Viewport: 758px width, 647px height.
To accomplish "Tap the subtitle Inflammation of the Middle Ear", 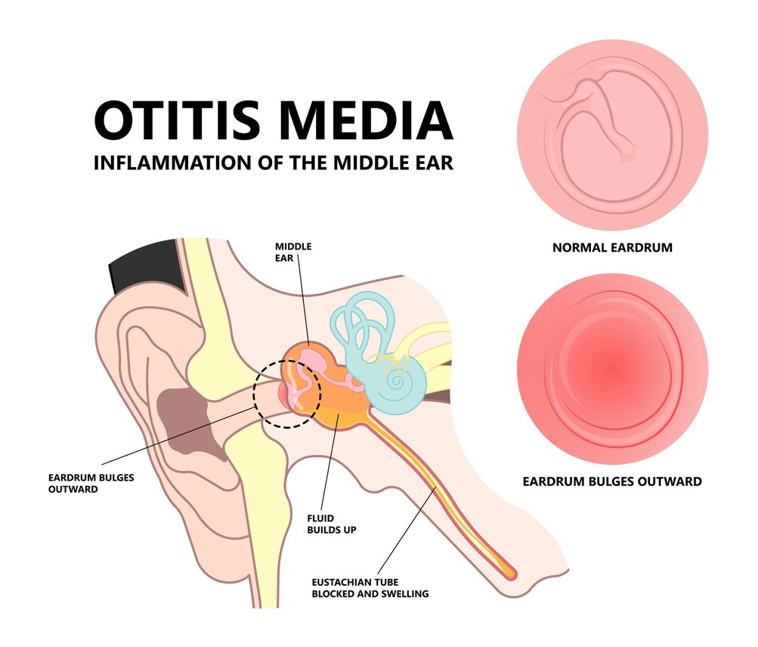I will point(273,163).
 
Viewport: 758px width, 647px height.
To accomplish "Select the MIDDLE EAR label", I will point(293,252).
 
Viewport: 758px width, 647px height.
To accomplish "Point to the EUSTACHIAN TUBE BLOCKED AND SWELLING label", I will point(370,588).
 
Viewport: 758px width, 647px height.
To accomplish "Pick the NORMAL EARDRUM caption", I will point(612,247).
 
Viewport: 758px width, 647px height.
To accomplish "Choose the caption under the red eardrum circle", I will point(612,481).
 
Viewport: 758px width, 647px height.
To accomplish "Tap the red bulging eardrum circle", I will point(612,368).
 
